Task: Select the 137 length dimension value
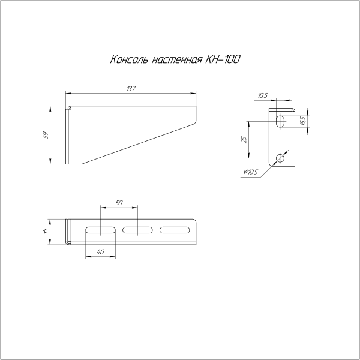coord(131,89)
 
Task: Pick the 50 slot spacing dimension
coord(118,203)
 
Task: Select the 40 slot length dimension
coord(100,253)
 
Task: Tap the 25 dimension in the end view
coord(243,140)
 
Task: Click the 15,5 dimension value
coord(304,121)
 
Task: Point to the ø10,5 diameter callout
coord(251,173)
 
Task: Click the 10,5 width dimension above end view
coord(262,95)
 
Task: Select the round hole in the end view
coord(280,158)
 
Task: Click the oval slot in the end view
coord(280,121)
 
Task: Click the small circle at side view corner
coord(70,109)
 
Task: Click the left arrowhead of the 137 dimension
coord(67,94)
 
